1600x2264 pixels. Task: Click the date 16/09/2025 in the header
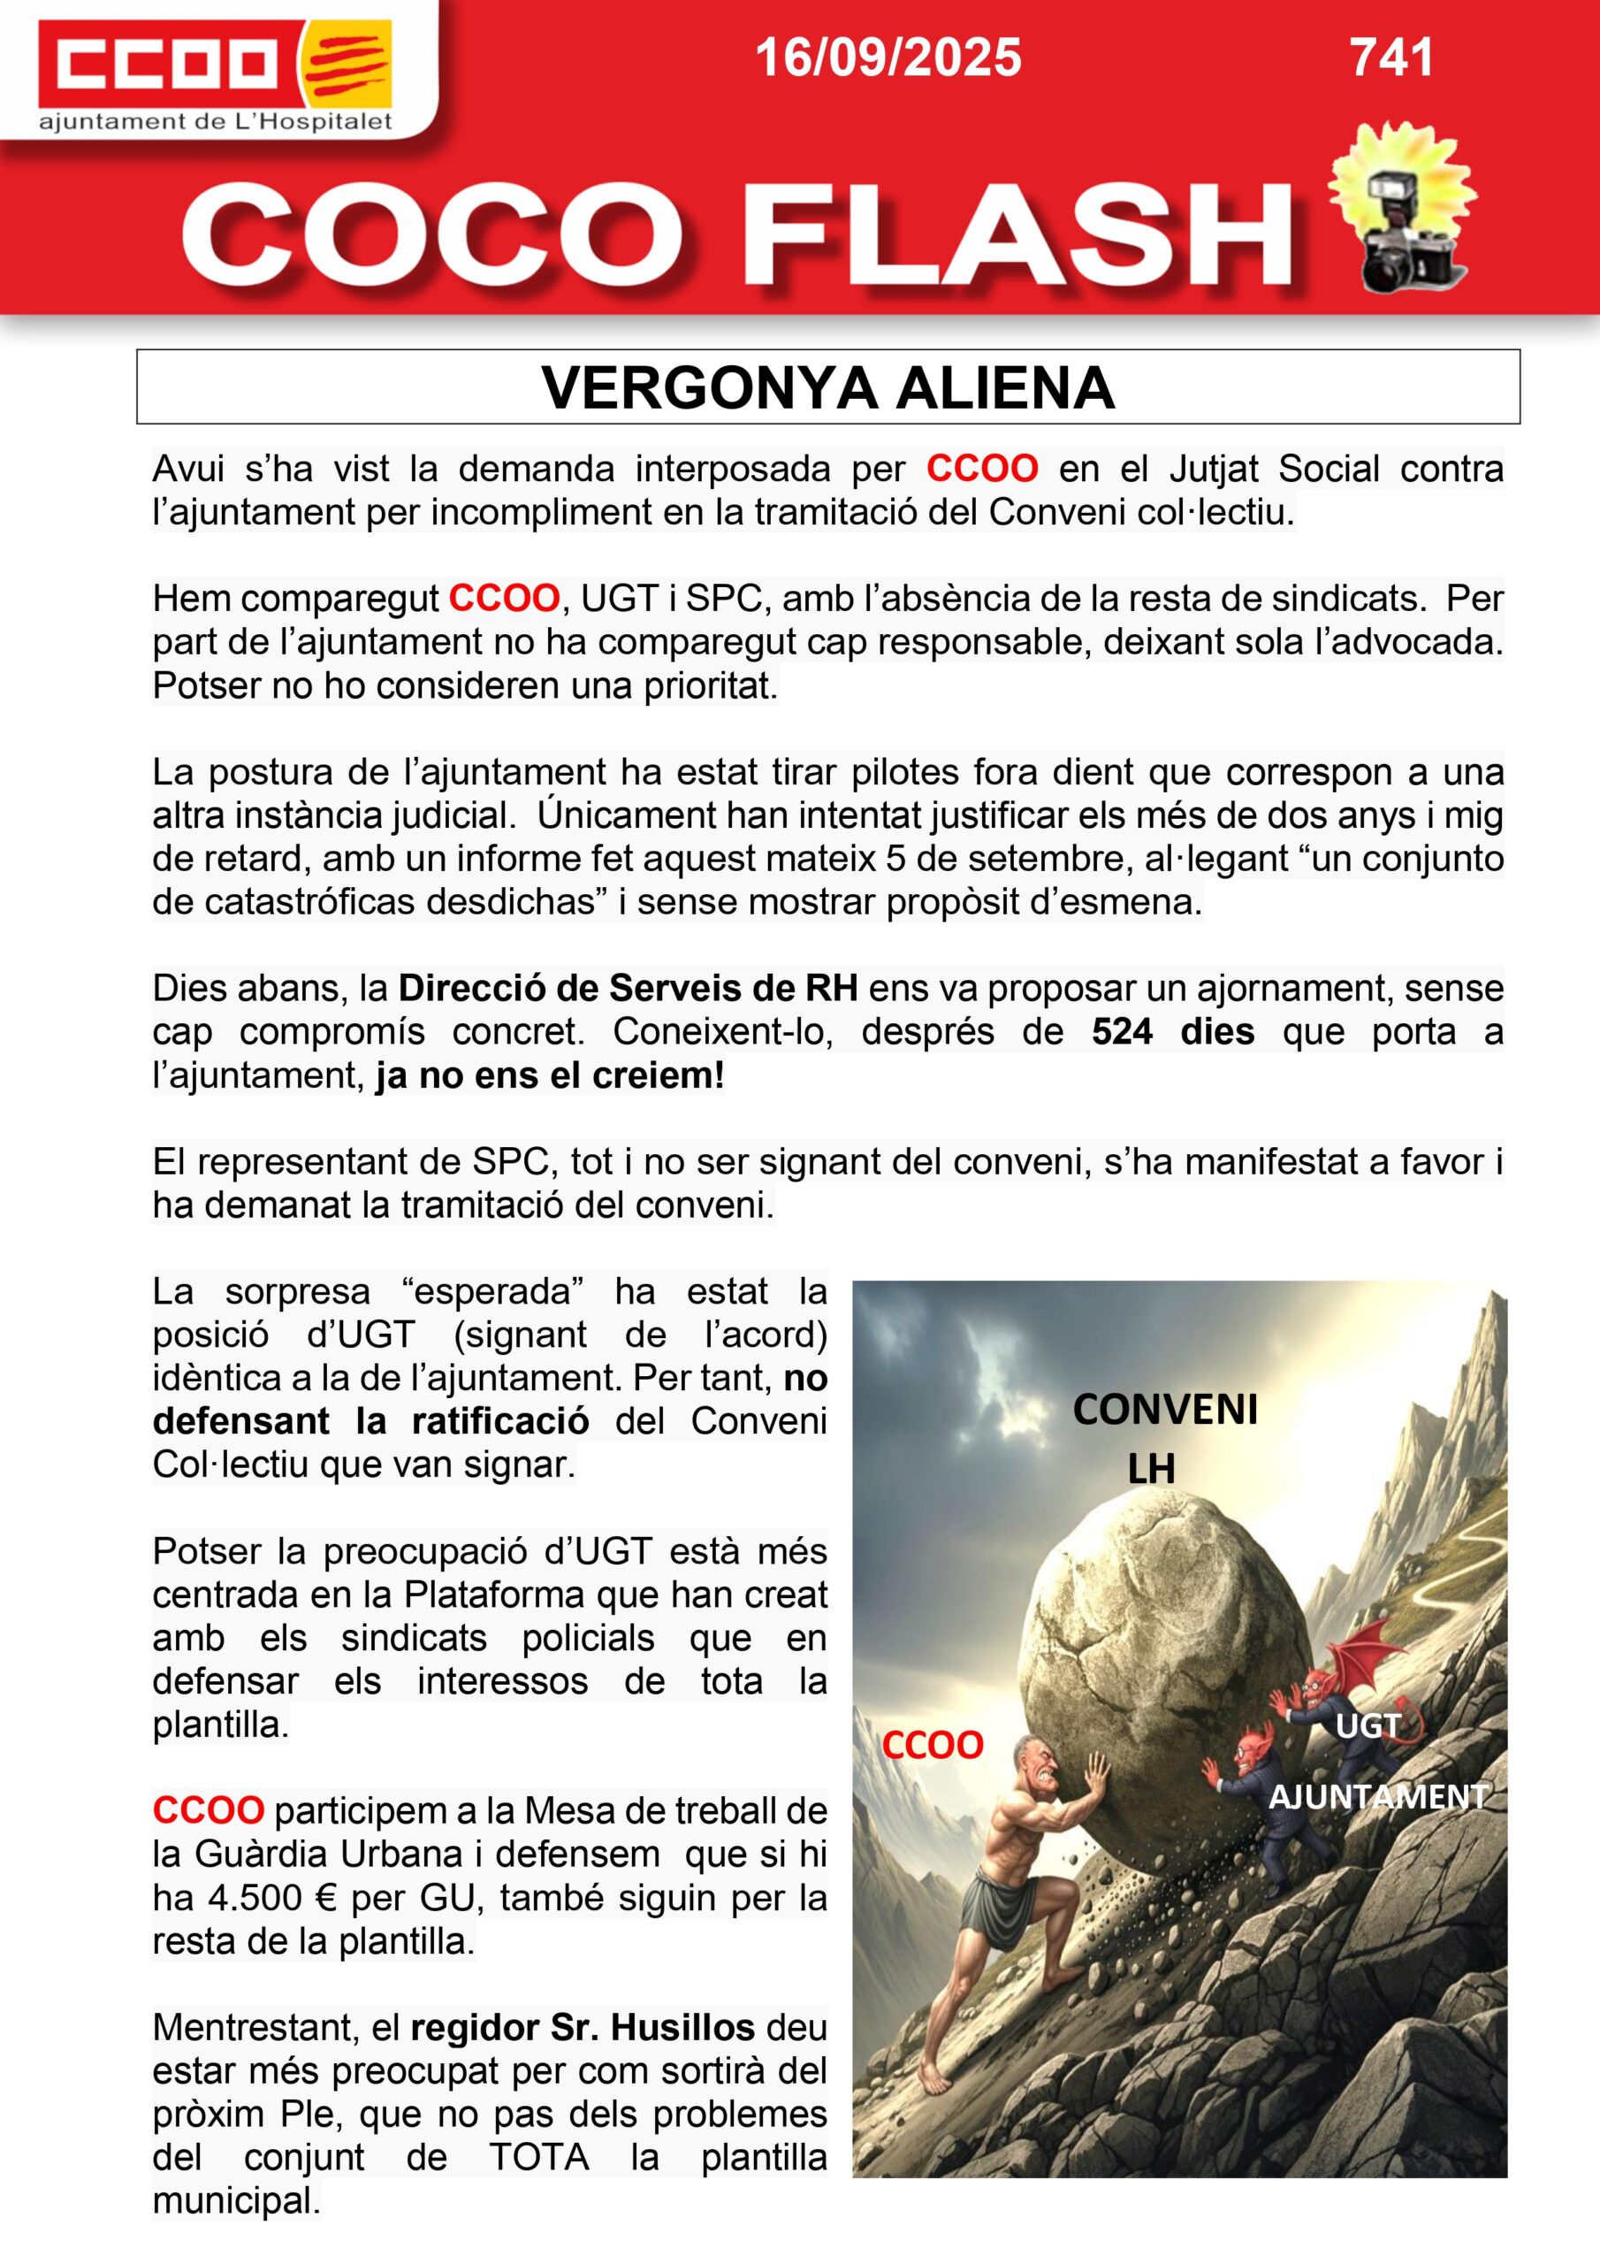tap(888, 57)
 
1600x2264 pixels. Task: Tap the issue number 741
tap(1391, 57)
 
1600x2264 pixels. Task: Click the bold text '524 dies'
tap(1172, 1031)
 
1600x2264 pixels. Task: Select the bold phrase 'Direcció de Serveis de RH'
tap(627, 988)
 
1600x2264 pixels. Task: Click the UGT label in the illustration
tap(1368, 1725)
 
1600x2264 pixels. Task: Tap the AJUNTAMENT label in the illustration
tap(1377, 1796)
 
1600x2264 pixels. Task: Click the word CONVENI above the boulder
tap(1164, 1410)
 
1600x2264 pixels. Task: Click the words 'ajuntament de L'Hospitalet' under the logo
tap(215, 122)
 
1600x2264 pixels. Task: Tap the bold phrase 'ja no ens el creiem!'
tap(549, 1075)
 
